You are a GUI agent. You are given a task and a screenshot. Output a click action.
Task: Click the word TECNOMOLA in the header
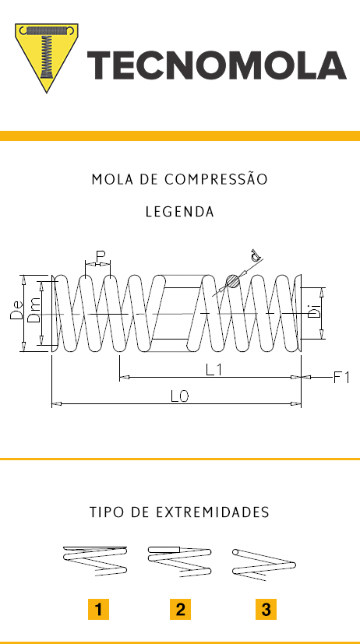pos(217,65)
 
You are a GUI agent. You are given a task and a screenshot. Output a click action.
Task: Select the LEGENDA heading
pos(179,212)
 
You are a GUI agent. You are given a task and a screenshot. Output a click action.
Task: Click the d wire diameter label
pos(255,256)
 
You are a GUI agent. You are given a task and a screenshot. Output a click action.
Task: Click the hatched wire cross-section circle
pos(233,281)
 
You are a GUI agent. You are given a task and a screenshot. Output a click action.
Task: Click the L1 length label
pos(214,370)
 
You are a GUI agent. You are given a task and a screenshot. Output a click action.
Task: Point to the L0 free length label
pos(179,396)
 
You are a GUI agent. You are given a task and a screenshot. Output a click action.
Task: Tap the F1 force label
pos(341,377)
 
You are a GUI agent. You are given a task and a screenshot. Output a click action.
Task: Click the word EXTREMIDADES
pos(213,512)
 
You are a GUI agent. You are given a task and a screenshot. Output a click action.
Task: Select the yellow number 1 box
pos(99,610)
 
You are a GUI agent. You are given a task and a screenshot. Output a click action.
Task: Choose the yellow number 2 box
pos(181,610)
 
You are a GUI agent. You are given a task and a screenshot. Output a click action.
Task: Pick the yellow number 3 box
pos(266,610)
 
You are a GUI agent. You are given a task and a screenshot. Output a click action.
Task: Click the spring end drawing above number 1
pos(95,560)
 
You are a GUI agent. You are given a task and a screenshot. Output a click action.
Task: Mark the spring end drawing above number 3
pos(264,564)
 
